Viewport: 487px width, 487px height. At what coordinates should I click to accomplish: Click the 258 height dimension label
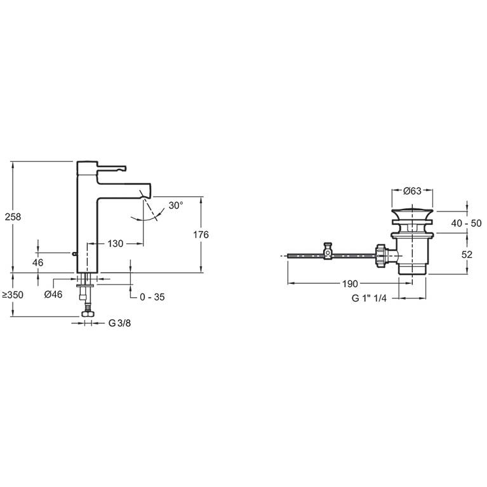click(x=13, y=217)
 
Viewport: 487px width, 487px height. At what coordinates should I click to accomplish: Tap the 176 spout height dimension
click(x=201, y=234)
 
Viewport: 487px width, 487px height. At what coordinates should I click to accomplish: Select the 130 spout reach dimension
click(x=115, y=244)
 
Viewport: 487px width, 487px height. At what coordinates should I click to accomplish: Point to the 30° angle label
click(x=176, y=206)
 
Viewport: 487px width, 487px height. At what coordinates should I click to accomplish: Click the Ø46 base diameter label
click(x=53, y=293)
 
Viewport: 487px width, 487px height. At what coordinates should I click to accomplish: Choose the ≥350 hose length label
click(x=13, y=295)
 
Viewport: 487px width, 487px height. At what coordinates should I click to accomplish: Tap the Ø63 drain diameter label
click(x=413, y=190)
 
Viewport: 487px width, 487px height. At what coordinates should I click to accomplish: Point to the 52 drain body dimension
click(x=467, y=254)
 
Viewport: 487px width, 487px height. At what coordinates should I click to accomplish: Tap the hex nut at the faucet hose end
click(x=87, y=314)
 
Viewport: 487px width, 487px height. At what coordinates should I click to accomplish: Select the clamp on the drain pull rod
click(x=328, y=252)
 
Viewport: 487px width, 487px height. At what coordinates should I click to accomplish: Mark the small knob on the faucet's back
click(x=75, y=254)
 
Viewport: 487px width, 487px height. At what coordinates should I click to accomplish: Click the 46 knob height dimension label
click(x=38, y=262)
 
